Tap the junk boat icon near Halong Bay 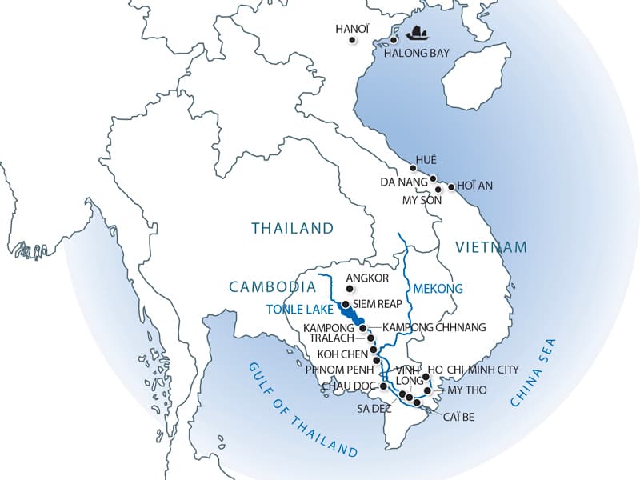pyautogui.click(x=417, y=34)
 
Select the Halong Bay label pyautogui.click(x=417, y=54)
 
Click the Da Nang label pyautogui.click(x=405, y=182)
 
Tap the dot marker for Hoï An pyautogui.click(x=451, y=187)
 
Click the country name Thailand pyautogui.click(x=292, y=228)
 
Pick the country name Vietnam pyautogui.click(x=491, y=246)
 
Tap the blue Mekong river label pyautogui.click(x=438, y=288)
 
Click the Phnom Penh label pyautogui.click(x=338, y=370)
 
